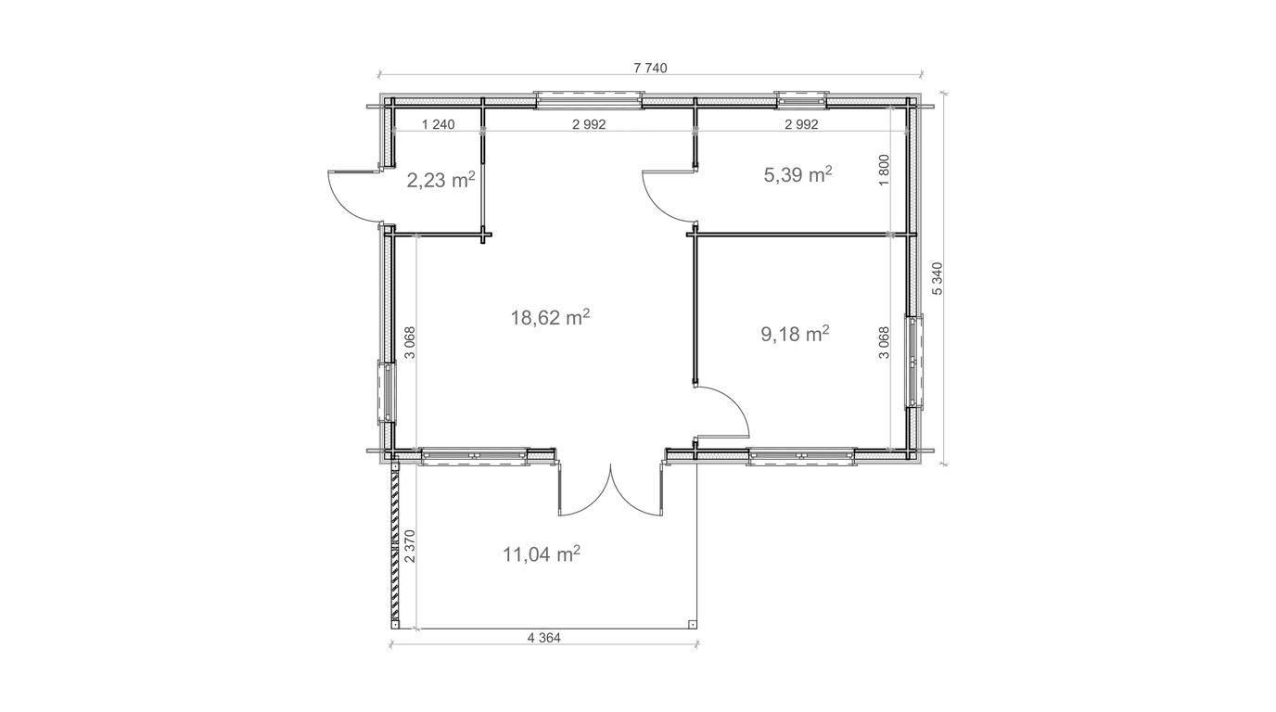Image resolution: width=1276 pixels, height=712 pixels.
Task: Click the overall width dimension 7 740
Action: click(650, 69)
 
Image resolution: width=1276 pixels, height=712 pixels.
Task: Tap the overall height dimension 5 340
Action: click(937, 278)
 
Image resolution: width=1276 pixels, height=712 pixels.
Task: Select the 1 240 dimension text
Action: click(438, 124)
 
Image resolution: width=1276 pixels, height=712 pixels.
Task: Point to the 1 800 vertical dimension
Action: click(884, 170)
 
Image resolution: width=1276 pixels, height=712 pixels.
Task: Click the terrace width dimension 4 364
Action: click(544, 638)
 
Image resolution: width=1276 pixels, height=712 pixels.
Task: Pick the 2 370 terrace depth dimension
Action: click(410, 546)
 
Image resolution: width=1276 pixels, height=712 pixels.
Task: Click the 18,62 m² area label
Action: click(550, 317)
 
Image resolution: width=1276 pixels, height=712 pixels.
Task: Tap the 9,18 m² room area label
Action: click(795, 334)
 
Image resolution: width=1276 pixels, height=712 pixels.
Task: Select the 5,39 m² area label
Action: click(797, 175)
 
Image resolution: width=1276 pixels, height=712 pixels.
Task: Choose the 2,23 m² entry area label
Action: click(440, 180)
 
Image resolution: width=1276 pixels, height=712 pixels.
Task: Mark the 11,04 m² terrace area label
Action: click(542, 553)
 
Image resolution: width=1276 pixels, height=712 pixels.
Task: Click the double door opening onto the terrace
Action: click(611, 489)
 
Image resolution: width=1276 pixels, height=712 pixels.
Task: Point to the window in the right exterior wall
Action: click(914, 362)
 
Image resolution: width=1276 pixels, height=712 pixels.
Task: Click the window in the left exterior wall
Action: click(386, 391)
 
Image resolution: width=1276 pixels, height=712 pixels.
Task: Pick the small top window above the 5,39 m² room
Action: click(801, 100)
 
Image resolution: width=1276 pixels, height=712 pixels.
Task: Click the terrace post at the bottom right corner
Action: click(692, 624)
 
